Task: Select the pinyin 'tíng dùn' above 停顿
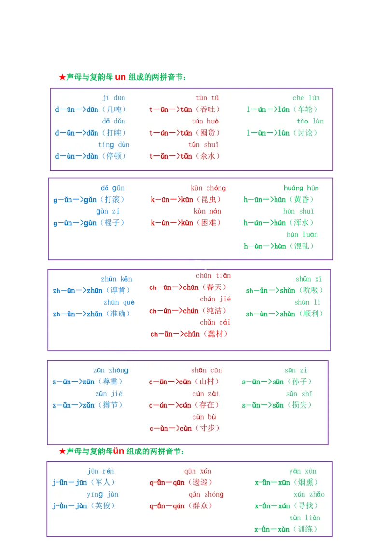[114, 145]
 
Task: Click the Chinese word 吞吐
[209, 109]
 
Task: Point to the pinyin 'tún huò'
[205, 121]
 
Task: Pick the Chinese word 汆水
[209, 156]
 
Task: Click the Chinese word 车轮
[307, 109]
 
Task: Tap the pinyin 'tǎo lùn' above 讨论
[310, 121]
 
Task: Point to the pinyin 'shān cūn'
[206, 370]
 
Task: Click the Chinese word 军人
[105, 482]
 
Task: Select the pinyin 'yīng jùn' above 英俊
[102, 494]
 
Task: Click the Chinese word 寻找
[307, 506]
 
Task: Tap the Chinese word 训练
[307, 529]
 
